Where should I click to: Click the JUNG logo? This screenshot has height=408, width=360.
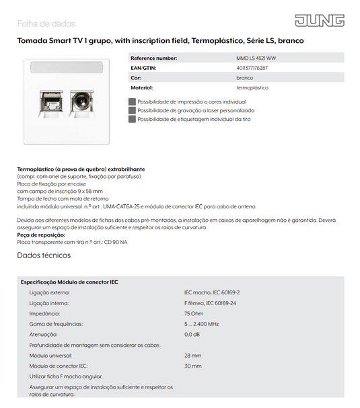320,21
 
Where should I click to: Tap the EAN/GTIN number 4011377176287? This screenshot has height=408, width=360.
252,68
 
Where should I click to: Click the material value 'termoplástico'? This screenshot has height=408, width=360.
252,87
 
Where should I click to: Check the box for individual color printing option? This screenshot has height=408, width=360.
132,101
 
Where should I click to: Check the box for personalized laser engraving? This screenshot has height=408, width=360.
132,110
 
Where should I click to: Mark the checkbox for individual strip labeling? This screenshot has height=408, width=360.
132,119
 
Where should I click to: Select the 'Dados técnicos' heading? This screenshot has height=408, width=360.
44,255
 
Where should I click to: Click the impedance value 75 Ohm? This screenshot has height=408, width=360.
194,314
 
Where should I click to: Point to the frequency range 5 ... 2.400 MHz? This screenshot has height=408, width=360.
201,324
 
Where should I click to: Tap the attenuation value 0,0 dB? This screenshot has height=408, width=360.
192,334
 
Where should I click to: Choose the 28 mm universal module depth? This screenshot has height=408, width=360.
192,355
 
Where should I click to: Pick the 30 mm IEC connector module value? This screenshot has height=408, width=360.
192,366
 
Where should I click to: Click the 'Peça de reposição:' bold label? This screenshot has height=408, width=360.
41,235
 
